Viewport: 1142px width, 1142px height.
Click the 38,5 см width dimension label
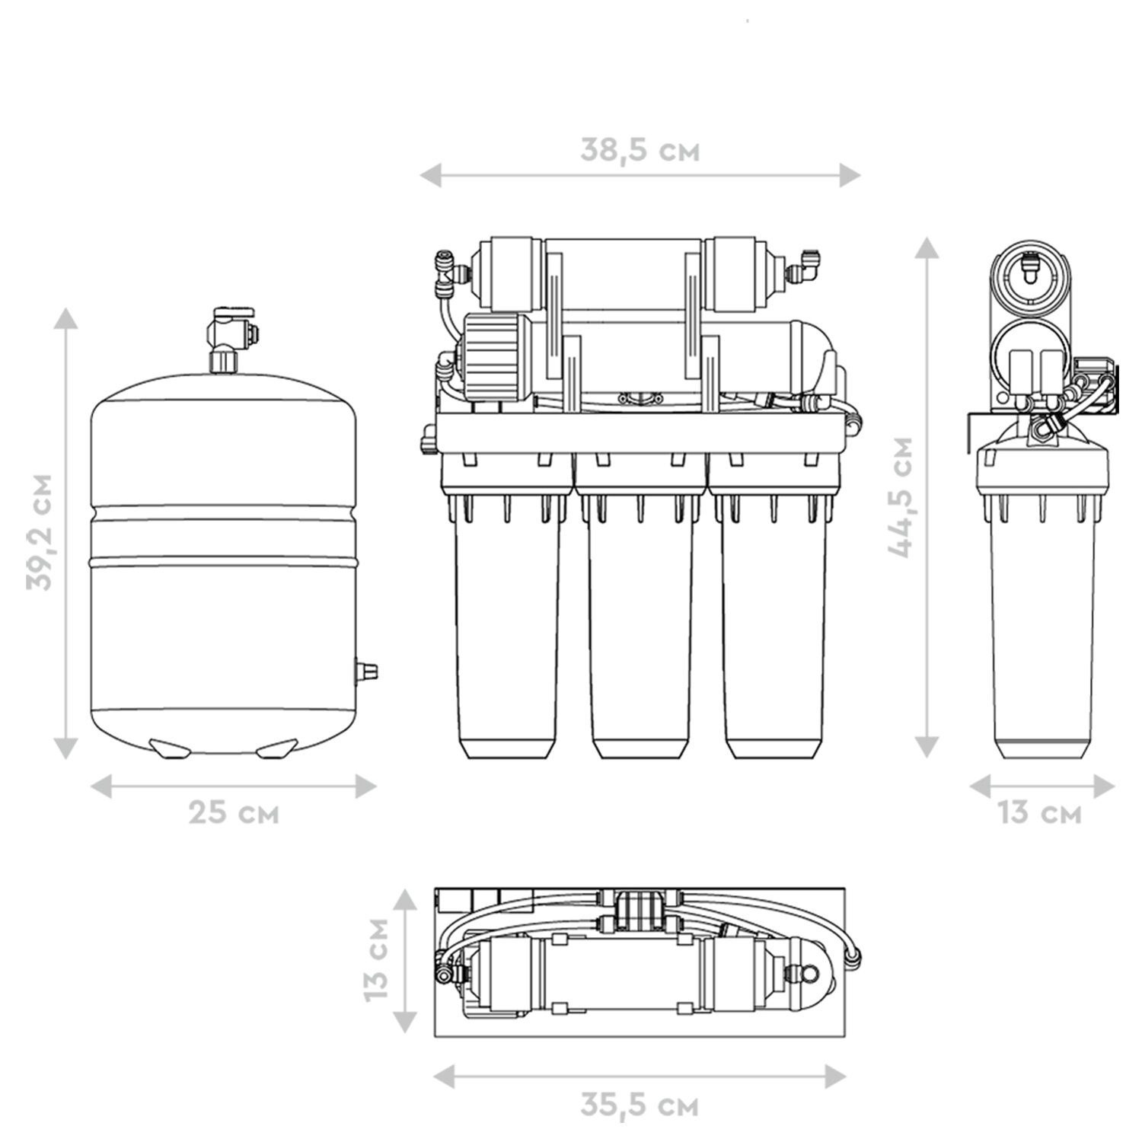click(640, 150)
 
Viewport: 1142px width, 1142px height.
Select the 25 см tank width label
click(234, 812)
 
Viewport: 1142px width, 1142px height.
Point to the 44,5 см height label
click(901, 497)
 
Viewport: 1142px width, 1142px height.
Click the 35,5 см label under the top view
click(640, 1105)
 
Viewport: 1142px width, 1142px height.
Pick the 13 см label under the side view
click(1039, 812)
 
